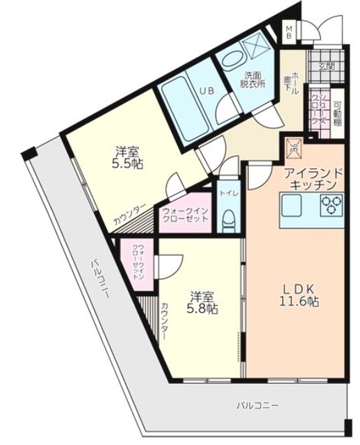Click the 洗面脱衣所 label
pyautogui.click(x=253, y=81)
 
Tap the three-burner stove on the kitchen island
pyautogui.click(x=332, y=204)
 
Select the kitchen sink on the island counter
pyautogui.click(x=292, y=204)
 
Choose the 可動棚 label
pyautogui.click(x=337, y=112)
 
